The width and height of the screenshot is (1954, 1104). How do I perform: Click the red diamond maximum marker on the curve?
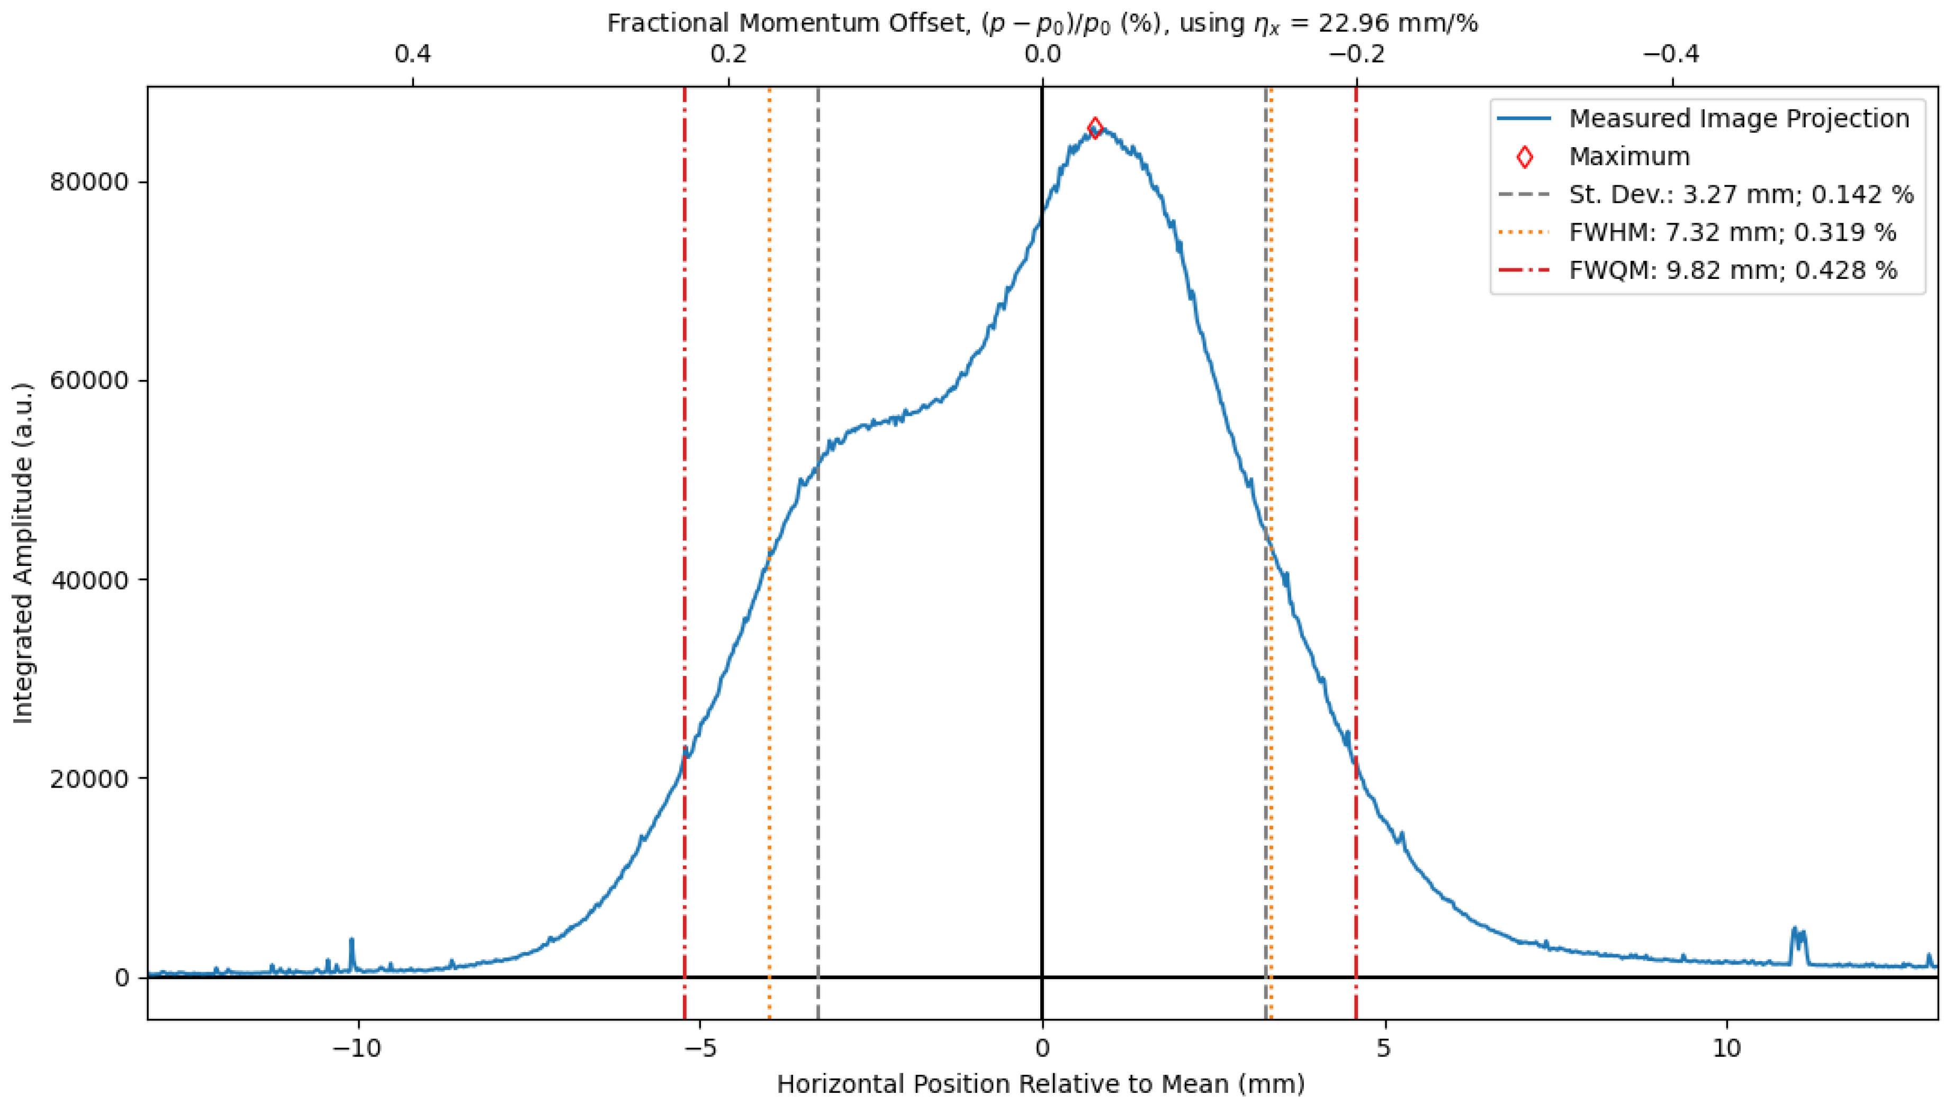pos(1095,128)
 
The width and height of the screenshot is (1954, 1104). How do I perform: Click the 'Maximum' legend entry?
pos(1629,156)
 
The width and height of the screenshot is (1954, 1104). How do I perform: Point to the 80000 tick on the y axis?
pos(89,182)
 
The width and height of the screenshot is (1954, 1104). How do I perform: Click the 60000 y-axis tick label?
pos(89,381)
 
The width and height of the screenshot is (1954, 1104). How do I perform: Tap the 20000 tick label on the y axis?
pos(89,779)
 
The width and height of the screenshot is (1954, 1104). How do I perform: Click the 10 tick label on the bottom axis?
pos(1726,1049)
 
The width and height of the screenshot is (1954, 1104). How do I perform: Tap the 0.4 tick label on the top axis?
pos(412,54)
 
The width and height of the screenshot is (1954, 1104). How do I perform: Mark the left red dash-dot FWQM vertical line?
pos(684,455)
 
